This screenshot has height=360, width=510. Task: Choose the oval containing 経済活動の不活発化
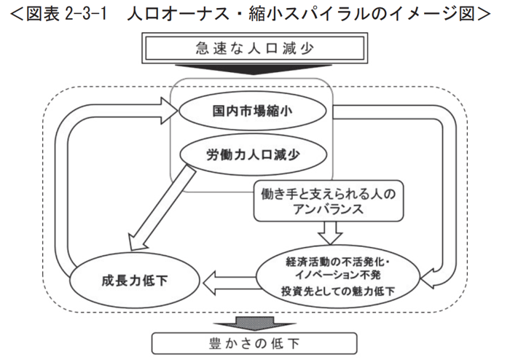pyautogui.click(x=339, y=275)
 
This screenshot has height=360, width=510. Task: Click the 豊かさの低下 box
pyautogui.click(x=255, y=342)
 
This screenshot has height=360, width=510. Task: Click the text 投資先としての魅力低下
pyautogui.click(x=339, y=290)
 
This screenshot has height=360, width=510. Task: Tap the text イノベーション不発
pyautogui.click(x=340, y=275)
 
